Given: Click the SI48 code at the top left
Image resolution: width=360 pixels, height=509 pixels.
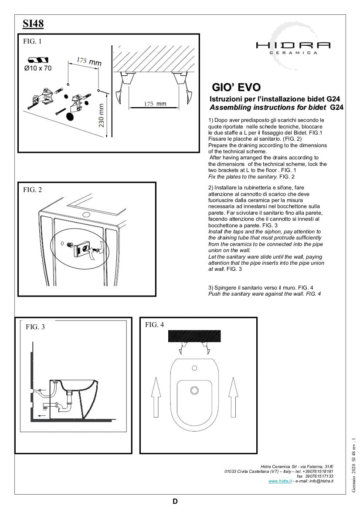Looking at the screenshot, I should pos(33,24).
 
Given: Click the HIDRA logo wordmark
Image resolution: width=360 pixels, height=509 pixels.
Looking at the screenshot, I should pos(293,45).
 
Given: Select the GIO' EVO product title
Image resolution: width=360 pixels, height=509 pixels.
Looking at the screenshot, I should pos(236,87).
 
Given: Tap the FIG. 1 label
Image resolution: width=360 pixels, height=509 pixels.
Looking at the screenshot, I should pos(32,42).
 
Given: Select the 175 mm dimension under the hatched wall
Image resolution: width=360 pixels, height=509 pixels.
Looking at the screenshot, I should pos(156,104).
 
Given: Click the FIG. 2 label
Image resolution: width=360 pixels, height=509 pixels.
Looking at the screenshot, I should pos(32,190).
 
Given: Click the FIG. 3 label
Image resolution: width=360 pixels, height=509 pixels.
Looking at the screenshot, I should pos(35,327).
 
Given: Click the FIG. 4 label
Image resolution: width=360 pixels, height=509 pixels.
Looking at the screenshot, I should pos(154,324).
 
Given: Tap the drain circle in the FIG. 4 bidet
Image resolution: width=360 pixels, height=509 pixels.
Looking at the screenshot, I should pos(194,389).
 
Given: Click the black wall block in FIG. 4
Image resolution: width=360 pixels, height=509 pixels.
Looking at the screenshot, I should pos(194,336).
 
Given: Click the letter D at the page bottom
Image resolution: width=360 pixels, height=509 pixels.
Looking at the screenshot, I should pos(175,501).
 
